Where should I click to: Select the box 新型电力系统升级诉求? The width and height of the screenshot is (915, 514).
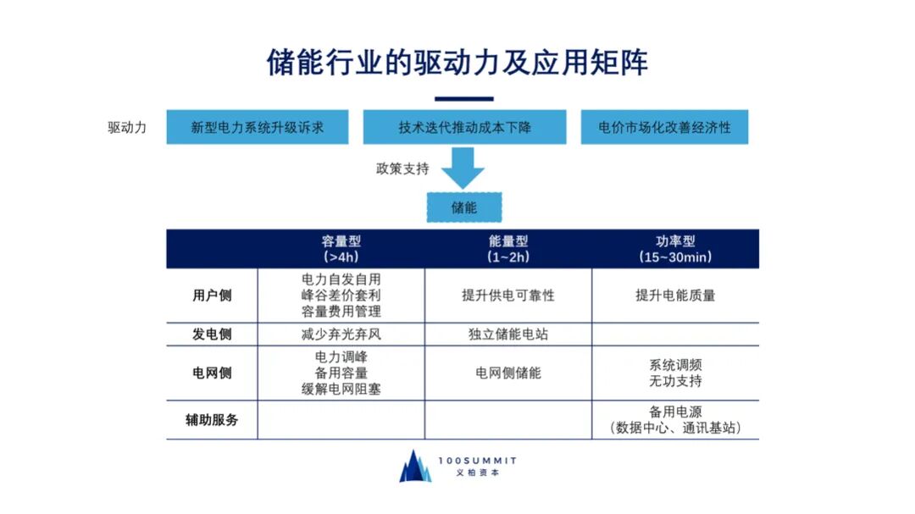point(258,128)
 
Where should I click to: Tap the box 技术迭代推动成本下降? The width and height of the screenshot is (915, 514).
point(464,128)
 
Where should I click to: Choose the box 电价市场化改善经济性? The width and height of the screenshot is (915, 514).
point(664,128)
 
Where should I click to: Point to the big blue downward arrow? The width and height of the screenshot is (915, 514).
point(463,169)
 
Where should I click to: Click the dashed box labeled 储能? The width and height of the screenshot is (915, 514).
point(463,207)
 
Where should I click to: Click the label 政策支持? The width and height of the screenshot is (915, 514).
point(402,169)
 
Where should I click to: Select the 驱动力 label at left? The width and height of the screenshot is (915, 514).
point(127,128)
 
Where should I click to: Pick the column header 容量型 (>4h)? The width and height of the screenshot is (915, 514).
point(341,248)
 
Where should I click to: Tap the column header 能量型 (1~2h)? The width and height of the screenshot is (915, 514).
point(508,248)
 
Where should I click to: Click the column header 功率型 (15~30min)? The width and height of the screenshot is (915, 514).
point(675,248)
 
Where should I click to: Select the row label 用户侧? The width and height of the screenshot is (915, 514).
point(212,296)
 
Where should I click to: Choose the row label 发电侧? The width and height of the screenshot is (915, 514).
point(212,334)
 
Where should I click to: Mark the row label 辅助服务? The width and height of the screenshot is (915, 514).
point(212,420)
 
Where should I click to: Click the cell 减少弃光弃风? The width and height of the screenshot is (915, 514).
point(341,334)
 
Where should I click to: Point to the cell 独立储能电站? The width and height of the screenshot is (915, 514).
point(508,334)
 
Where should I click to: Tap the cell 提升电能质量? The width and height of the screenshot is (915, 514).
point(675,296)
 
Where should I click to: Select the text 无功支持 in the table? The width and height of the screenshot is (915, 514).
point(675,381)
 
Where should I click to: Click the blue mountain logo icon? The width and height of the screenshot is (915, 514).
point(415,466)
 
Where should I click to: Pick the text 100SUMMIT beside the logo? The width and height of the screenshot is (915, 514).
point(478,460)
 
